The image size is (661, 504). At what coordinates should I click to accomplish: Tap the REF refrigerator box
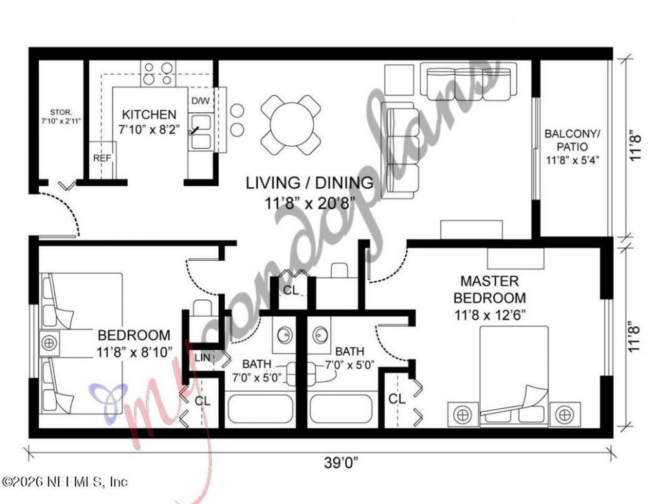[x=102, y=157]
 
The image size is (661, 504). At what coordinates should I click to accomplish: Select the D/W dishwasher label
[x=200, y=101]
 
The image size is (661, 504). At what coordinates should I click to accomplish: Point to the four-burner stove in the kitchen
[x=158, y=73]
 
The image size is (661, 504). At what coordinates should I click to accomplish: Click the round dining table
[x=290, y=125]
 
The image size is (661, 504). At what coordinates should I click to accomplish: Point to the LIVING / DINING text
[x=309, y=183]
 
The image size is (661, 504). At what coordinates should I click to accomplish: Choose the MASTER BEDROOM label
[x=489, y=290]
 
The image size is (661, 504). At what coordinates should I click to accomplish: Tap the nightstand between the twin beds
[x=49, y=343]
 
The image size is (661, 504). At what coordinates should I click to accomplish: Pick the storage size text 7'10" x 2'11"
[x=61, y=121]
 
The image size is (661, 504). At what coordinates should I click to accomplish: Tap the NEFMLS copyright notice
[x=65, y=481]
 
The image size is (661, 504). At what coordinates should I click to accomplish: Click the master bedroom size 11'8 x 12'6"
[x=489, y=316]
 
